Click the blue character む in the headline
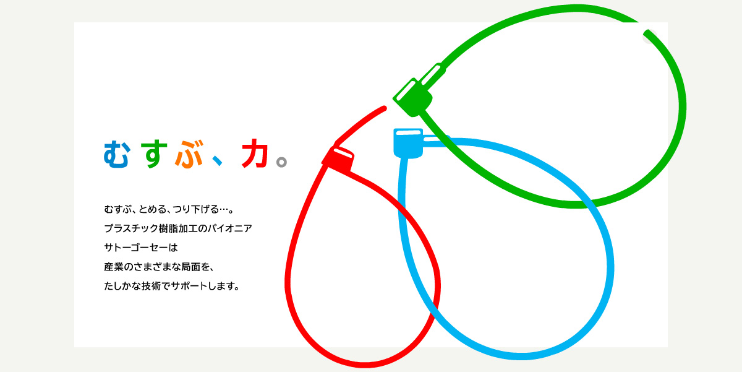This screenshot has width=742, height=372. (x=116, y=154)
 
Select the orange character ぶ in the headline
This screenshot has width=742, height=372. (x=189, y=154)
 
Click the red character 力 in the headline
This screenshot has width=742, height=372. (x=255, y=153)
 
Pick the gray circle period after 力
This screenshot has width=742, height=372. (x=281, y=162)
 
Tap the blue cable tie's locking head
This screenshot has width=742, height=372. (x=408, y=143)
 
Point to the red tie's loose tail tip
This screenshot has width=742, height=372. (x=384, y=108)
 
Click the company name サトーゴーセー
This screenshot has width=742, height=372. (x=136, y=248)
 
